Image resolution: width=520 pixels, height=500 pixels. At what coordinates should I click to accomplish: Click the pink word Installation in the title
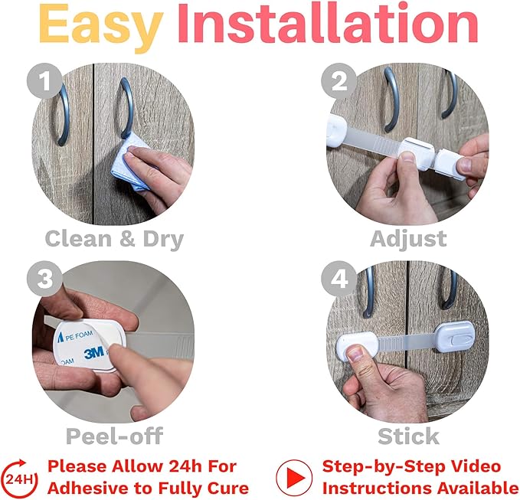[328, 25]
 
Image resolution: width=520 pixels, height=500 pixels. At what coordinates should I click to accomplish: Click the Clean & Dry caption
[114, 238]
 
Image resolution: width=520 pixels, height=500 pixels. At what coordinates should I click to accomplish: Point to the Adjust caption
[408, 238]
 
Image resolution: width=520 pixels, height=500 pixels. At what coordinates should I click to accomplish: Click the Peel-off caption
[114, 436]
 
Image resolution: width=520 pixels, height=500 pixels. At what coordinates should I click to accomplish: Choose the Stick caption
[408, 436]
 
